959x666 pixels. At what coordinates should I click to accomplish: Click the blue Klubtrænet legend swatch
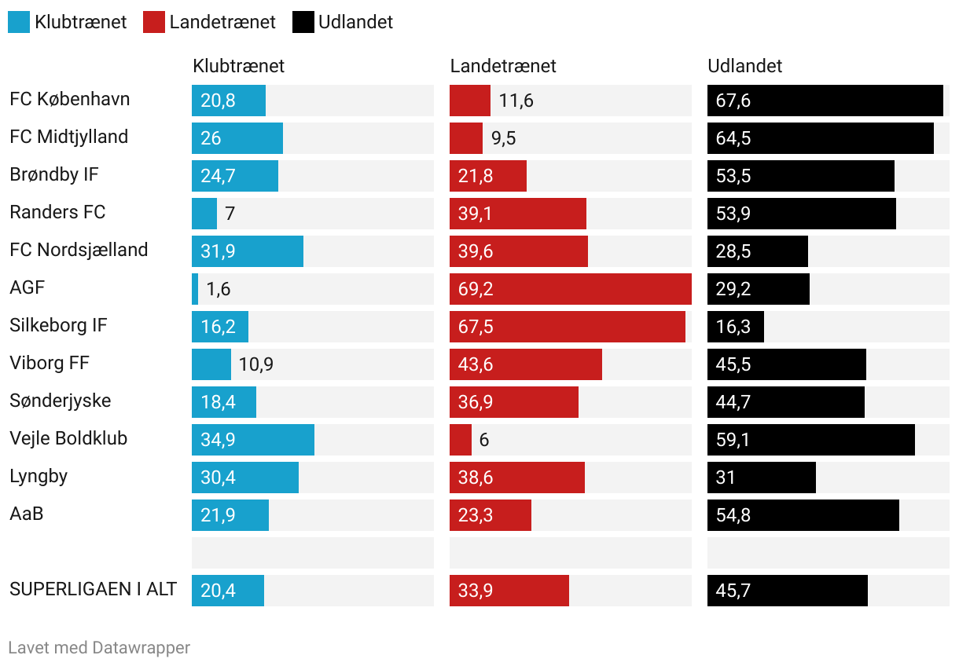[19, 22]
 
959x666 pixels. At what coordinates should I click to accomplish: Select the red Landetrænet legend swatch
[154, 22]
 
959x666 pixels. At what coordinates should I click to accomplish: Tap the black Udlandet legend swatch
[303, 22]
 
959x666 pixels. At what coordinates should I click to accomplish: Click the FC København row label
[70, 100]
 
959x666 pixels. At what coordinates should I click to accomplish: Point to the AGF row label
[28, 287]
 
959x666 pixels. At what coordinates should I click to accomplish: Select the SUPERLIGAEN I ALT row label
[94, 589]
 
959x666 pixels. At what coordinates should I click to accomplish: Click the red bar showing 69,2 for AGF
[570, 289]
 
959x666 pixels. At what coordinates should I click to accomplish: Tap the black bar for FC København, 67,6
[825, 101]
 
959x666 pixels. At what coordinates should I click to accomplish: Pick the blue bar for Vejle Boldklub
[252, 440]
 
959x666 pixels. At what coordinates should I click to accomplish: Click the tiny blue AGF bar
[195, 289]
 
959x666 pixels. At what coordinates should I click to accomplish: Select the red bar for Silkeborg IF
[567, 327]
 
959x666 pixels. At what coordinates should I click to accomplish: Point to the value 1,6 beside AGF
[219, 289]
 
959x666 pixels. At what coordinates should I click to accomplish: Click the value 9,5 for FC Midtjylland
[504, 138]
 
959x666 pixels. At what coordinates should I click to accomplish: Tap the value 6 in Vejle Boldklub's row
[484, 440]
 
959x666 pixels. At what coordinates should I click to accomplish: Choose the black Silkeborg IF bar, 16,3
[735, 327]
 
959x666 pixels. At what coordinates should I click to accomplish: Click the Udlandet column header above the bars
[745, 66]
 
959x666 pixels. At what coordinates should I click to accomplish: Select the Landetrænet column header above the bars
[503, 66]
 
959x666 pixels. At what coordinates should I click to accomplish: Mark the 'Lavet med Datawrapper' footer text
[99, 648]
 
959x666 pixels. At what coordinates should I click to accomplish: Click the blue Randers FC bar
[204, 214]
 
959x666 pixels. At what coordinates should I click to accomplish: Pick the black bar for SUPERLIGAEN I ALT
[787, 591]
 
